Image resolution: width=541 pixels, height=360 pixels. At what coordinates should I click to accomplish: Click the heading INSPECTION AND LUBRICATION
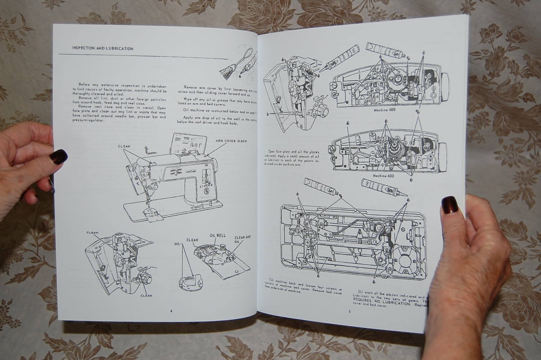click(103, 48)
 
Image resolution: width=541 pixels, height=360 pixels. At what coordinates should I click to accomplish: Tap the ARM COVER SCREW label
click(231, 141)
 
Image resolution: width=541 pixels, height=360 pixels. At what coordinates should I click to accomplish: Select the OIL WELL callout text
click(218, 235)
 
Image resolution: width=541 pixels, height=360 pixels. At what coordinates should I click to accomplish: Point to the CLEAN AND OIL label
click(242, 239)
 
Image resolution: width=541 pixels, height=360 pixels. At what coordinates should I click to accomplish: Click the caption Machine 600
click(384, 110)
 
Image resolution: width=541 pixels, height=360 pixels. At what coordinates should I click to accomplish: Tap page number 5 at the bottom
click(349, 312)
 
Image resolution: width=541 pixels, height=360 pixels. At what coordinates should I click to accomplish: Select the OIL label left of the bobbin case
click(176, 244)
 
